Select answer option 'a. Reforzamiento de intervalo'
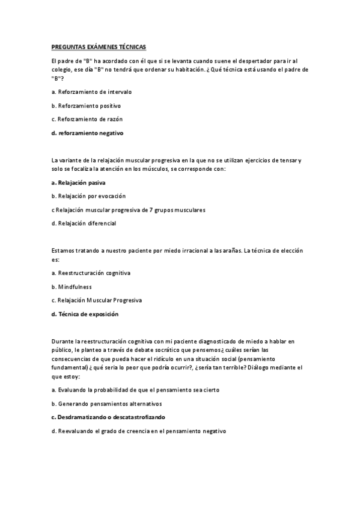tap(91, 92)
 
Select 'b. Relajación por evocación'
tap(89, 196)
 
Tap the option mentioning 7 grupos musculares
tap(129, 210)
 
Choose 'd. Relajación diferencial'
tap(84, 223)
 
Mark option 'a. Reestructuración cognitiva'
tap(91, 273)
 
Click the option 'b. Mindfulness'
tap(72, 287)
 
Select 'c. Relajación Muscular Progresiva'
tap(97, 300)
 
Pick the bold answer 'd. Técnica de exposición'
tap(85, 314)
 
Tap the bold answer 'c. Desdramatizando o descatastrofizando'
tap(108, 417)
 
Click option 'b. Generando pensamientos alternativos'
tap(107, 404)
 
